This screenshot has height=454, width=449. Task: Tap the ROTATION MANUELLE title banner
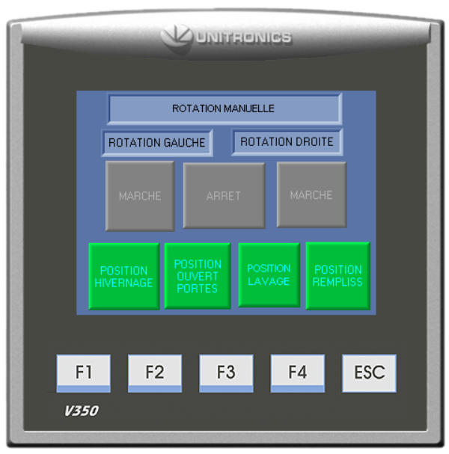[x=224, y=108]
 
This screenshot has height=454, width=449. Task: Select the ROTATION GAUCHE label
[x=156, y=142]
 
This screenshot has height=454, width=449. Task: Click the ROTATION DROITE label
[x=287, y=141]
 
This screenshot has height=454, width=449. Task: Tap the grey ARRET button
[x=224, y=196]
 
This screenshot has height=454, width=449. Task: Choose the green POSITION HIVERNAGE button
[x=123, y=276]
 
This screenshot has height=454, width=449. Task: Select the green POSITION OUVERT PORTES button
[x=198, y=275]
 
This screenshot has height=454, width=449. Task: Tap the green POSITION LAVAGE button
[x=269, y=274]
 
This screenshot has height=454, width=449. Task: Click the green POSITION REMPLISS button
[x=337, y=275]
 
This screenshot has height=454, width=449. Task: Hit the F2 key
[x=154, y=372]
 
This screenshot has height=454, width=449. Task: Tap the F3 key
[x=226, y=372]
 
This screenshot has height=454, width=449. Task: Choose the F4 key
[x=297, y=372]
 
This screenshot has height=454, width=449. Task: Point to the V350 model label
[x=81, y=411]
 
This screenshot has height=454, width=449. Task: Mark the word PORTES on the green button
[x=198, y=288]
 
